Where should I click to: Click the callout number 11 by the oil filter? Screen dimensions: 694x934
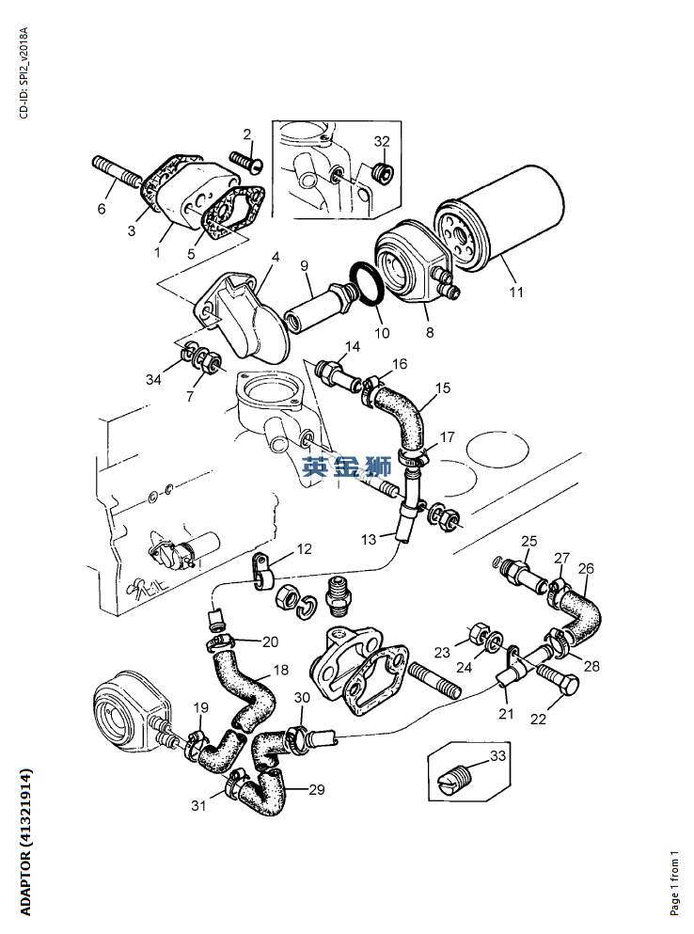coord(515,293)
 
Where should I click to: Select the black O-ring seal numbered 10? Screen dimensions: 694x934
coord(366,284)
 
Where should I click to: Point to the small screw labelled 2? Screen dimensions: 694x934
coord(245,161)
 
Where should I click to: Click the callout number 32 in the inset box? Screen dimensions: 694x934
coord(382,141)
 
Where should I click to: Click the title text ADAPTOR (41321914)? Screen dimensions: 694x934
coord(25,842)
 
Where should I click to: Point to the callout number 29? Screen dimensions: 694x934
coord(316,790)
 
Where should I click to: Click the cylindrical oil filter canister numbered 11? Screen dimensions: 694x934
coord(508,221)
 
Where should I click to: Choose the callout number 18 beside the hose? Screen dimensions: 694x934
coord(280,670)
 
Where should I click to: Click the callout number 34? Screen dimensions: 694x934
coord(153,379)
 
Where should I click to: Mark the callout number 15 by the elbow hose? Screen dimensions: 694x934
coord(443,388)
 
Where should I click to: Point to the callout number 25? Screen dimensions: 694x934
coord(529,541)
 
